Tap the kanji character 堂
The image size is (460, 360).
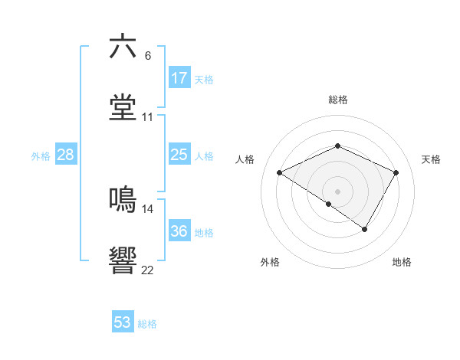click(123, 107)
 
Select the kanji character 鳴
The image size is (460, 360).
click(123, 198)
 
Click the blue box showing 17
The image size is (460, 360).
click(179, 78)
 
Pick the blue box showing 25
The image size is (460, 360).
click(179, 155)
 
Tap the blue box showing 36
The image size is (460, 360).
click(179, 232)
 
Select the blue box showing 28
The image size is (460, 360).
click(66, 155)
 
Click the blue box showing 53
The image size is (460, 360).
click(123, 322)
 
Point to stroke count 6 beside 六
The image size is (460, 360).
click(148, 55)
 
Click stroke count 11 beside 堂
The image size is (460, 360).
click(148, 117)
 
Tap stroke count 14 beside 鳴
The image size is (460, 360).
click(148, 208)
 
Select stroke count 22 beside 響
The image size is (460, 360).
click(148, 270)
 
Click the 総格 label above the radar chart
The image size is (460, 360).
click(338, 100)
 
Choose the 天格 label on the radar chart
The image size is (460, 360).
click(432, 159)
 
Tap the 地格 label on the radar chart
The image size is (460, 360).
click(402, 262)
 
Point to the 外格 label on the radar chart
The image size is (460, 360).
click(270, 262)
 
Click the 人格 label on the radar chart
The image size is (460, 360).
click(245, 159)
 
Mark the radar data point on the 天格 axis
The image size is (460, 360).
click(396, 172)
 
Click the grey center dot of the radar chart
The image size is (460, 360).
click(337, 191)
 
